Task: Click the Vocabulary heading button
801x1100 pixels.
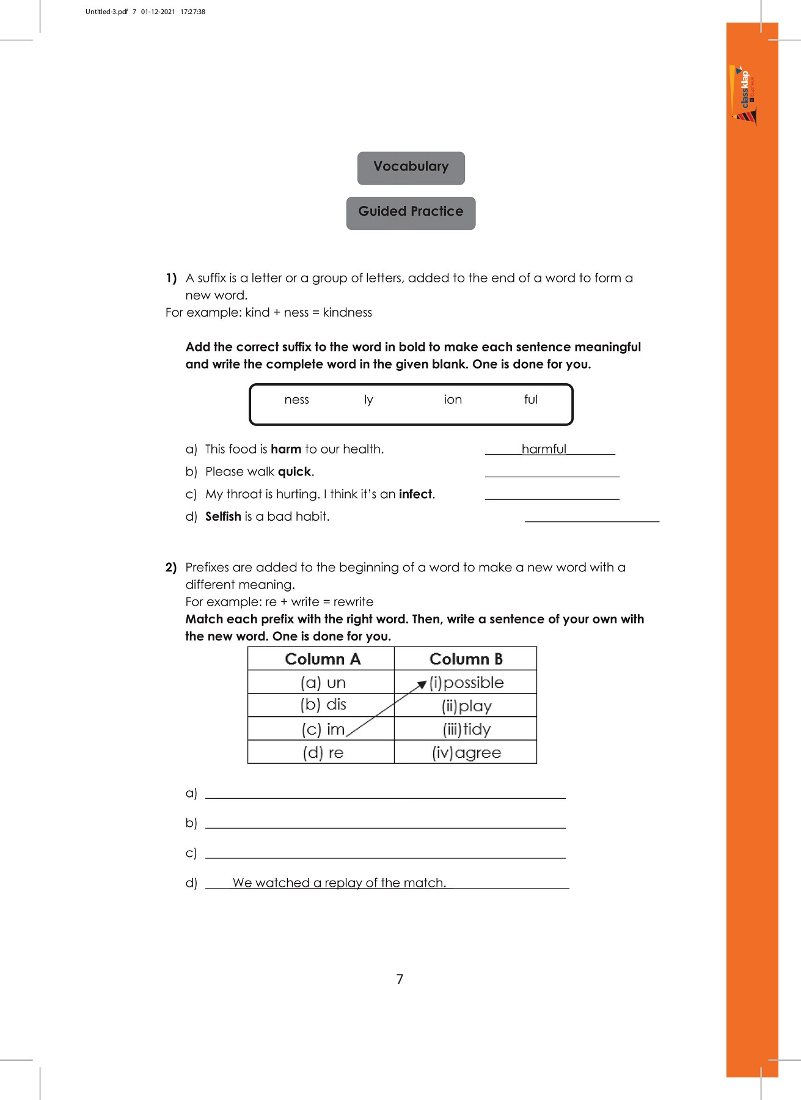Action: tap(411, 167)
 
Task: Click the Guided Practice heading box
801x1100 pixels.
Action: tap(411, 213)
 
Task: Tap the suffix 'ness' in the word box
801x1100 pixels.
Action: tap(296, 400)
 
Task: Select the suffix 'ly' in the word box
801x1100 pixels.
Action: tap(368, 400)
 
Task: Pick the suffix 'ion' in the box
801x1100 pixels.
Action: tap(453, 400)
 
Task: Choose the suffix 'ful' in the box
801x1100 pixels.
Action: tap(530, 400)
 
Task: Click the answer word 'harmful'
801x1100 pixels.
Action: tap(544, 449)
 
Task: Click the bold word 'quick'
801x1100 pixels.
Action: tap(294, 472)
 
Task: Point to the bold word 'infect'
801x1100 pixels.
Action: tap(415, 494)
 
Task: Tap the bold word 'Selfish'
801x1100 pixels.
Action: tap(223, 516)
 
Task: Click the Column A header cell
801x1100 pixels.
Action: tap(322, 659)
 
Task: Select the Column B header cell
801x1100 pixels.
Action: tap(466, 659)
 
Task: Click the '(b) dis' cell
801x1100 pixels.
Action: tap(323, 705)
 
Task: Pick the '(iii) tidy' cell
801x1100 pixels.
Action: tap(466, 729)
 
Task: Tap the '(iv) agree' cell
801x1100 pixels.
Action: tap(466, 752)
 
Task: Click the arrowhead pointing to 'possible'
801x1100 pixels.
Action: tap(422, 684)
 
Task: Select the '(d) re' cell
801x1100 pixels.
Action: tap(323, 752)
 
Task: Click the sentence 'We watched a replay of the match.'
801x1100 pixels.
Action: tap(340, 882)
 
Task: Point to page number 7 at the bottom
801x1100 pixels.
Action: tap(400, 979)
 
